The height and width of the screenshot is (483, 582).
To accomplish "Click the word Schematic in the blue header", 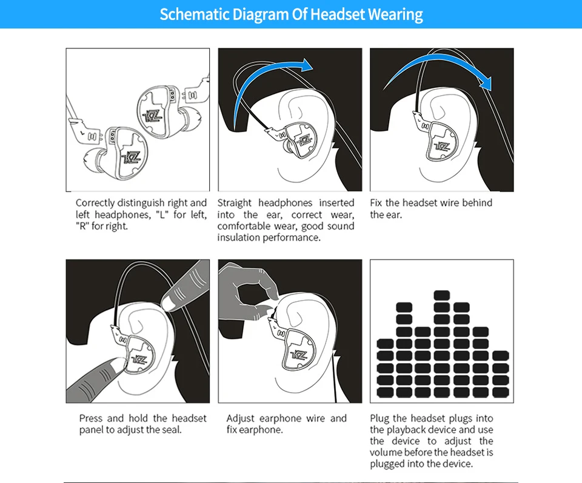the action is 195,15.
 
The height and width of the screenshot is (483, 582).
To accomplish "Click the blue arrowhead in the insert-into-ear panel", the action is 307,65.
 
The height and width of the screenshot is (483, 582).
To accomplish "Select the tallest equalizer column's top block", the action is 442,295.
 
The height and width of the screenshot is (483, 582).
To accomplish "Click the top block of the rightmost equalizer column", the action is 500,356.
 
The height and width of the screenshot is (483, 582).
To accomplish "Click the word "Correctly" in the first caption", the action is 95,203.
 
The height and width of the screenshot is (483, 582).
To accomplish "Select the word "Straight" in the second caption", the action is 234,203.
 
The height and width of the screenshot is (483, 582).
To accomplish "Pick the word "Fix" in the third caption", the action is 376,202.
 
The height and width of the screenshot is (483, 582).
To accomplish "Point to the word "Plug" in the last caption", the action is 379,418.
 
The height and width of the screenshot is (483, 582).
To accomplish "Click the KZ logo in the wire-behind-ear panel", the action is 442,146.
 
